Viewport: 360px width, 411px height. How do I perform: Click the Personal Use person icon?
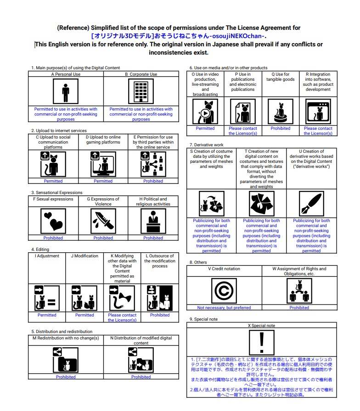pos(66,92)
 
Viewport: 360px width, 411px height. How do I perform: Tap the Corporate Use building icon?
pos(141,92)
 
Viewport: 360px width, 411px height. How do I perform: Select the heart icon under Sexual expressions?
pos(53,222)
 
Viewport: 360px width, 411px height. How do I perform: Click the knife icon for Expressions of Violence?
pos(103,222)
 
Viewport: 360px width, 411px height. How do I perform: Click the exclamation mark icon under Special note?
pos(261,342)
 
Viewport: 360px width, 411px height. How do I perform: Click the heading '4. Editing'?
pos(40,250)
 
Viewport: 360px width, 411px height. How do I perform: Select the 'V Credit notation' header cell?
pos(224,269)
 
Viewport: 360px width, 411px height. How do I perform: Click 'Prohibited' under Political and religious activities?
pos(153,238)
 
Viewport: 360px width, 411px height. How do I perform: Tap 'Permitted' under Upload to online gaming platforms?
pos(103,181)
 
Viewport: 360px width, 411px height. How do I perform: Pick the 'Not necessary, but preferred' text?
pos(224,308)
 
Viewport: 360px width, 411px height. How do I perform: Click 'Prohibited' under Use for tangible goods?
pos(280,128)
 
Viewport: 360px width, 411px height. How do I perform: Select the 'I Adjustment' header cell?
pos(47,256)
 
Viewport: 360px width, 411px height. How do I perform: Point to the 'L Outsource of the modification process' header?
pos(159,261)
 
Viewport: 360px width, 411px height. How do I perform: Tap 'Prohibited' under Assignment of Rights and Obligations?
pos(299,308)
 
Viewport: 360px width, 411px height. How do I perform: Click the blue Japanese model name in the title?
pos(178,36)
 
